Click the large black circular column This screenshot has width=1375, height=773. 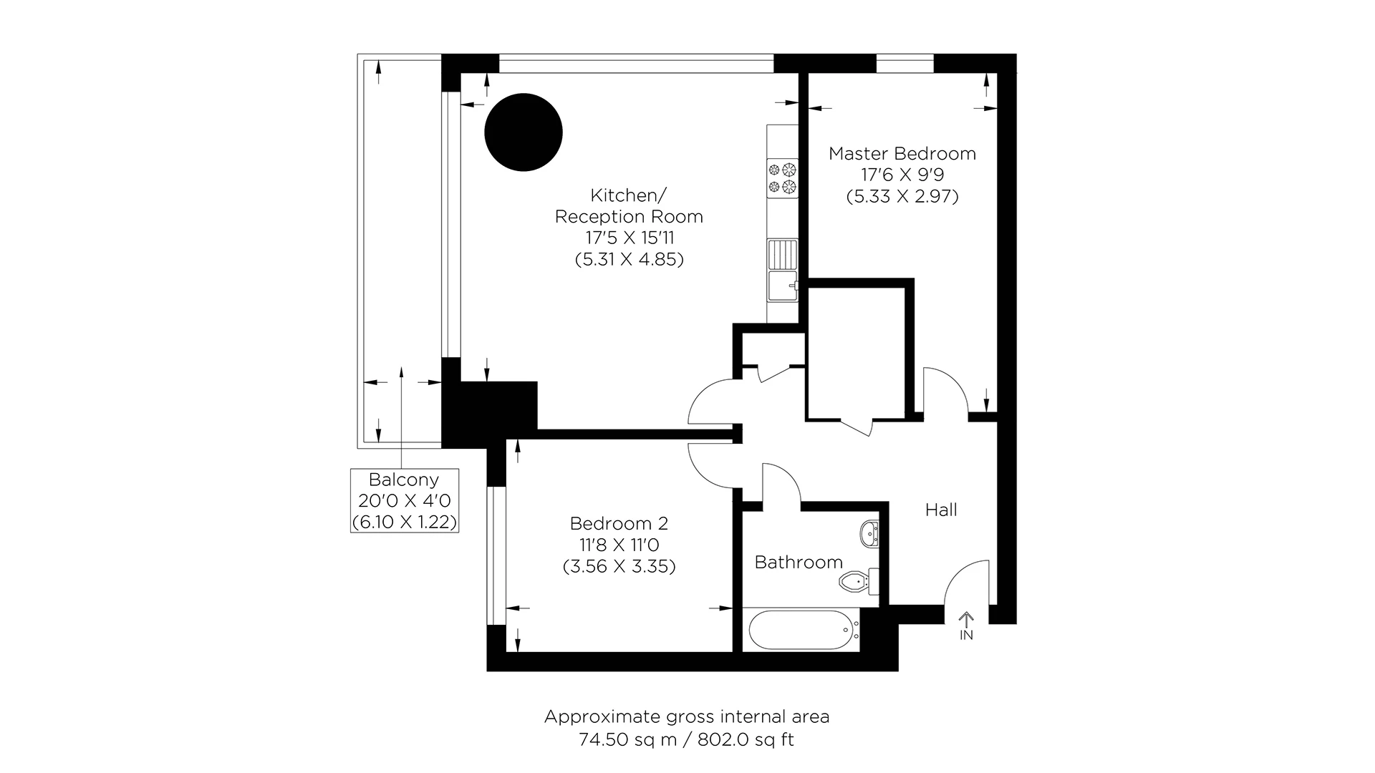[524, 132]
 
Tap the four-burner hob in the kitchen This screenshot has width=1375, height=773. [782, 178]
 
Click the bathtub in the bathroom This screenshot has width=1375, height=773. [800, 630]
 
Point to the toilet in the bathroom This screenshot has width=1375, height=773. [857, 582]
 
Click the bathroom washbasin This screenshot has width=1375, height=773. [871, 533]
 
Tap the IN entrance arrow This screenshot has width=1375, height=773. [967, 625]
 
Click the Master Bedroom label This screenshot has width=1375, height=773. [902, 153]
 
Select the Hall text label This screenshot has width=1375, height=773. [941, 510]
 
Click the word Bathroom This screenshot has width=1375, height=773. [799, 562]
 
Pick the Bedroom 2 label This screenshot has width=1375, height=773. [619, 523]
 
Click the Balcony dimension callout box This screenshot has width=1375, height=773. [404, 500]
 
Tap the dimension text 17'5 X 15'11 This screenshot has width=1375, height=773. [629, 238]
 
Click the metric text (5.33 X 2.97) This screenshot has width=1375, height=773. [902, 196]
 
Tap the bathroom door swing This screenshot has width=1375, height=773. [781, 483]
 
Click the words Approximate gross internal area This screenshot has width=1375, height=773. [686, 716]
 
